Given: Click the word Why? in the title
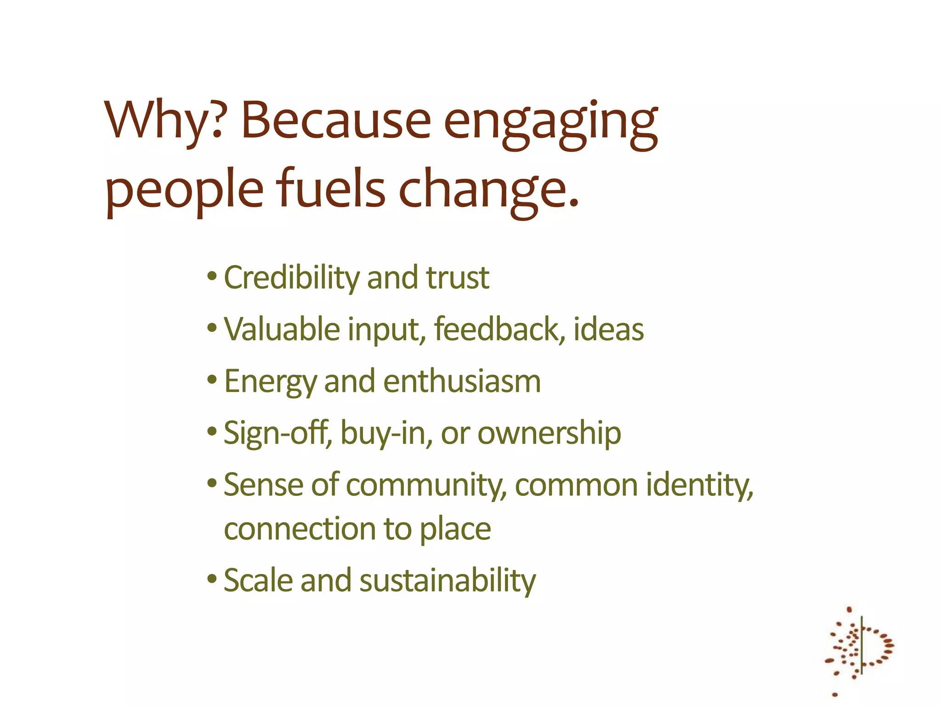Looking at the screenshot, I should point(164,120).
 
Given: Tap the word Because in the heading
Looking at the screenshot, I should point(336,120).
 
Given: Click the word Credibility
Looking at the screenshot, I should point(291,279).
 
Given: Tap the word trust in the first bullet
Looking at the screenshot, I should point(457,278).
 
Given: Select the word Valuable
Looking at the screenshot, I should point(282,330).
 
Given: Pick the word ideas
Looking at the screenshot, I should point(608,330).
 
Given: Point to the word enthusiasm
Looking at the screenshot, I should point(462,381).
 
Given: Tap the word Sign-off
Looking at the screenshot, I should point(277,433).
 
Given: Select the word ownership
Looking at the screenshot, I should point(549,433).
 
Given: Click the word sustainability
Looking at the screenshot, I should point(448,581).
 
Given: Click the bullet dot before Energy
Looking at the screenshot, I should point(212,380).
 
